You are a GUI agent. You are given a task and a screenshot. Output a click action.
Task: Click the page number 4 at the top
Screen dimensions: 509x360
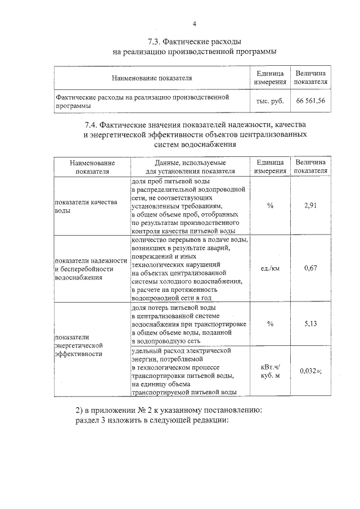(194, 24)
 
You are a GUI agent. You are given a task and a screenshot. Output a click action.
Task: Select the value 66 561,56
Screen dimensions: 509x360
(310, 101)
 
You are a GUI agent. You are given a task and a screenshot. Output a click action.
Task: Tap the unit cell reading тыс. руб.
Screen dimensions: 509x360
(270, 101)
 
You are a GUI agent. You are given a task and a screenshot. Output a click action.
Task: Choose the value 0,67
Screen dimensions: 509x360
(310, 268)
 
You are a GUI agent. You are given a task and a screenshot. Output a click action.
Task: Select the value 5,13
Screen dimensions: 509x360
(310, 323)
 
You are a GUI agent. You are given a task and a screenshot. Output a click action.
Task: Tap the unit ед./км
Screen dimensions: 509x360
(270, 268)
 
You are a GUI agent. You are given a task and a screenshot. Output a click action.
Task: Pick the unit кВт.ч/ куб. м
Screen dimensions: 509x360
(270, 371)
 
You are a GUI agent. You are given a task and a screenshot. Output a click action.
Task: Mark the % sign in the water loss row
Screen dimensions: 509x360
(270, 323)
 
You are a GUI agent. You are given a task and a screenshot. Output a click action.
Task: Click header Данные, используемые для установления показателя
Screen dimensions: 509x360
(190, 166)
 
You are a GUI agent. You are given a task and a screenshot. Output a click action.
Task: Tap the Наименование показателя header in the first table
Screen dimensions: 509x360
(152, 78)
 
